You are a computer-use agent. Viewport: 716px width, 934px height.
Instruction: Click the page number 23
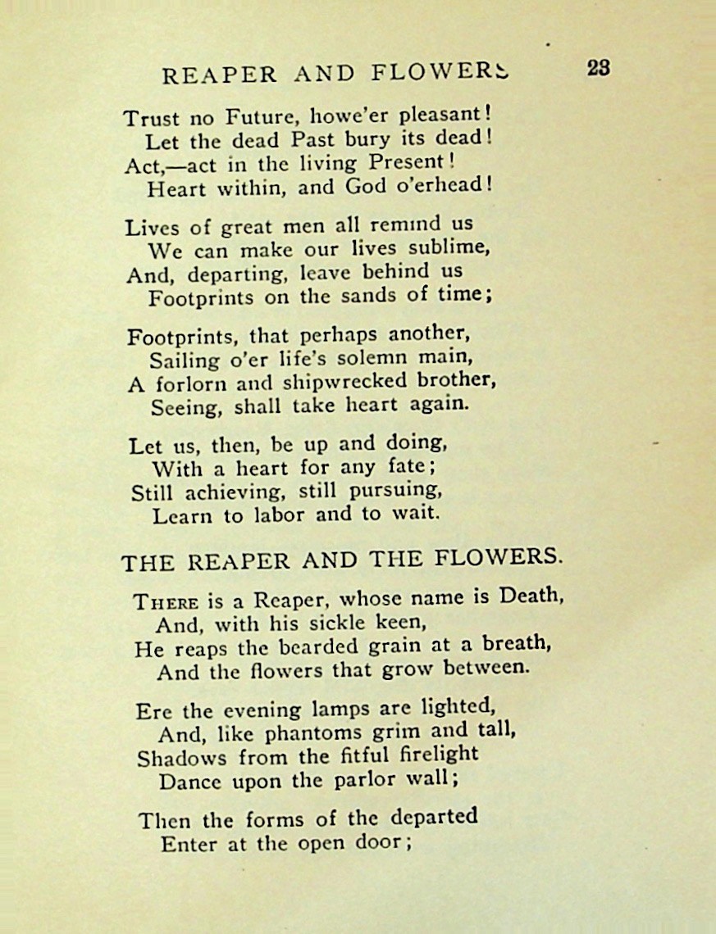pyautogui.click(x=598, y=69)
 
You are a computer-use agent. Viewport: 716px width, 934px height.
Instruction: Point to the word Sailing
pyautogui.click(x=185, y=360)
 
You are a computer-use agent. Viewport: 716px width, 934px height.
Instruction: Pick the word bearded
pyautogui.click(x=318, y=646)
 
